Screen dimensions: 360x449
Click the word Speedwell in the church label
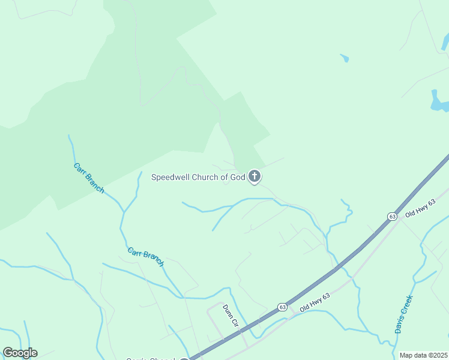(x=171, y=177)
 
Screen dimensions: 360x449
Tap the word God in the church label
(x=238, y=177)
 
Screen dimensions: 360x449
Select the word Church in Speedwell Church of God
(x=207, y=177)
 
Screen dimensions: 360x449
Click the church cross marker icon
(x=255, y=176)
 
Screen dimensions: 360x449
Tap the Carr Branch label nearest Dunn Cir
(x=146, y=256)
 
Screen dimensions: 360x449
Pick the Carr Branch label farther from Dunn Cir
(x=89, y=178)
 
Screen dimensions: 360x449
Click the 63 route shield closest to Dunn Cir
(x=282, y=307)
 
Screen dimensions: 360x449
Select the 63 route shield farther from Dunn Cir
(x=392, y=216)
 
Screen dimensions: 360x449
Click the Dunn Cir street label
(x=231, y=316)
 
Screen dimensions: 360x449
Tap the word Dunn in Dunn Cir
(x=228, y=311)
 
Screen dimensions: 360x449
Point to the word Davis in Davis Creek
(x=399, y=323)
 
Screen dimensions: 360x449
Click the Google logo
(x=20, y=353)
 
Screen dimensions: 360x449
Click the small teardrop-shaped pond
(x=345, y=58)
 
